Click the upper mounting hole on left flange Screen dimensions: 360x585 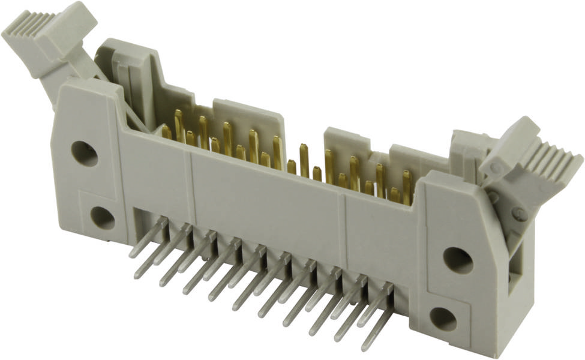84,153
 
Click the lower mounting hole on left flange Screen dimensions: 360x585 103,218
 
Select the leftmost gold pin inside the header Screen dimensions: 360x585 166,132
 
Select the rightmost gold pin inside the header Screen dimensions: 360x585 407,186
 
